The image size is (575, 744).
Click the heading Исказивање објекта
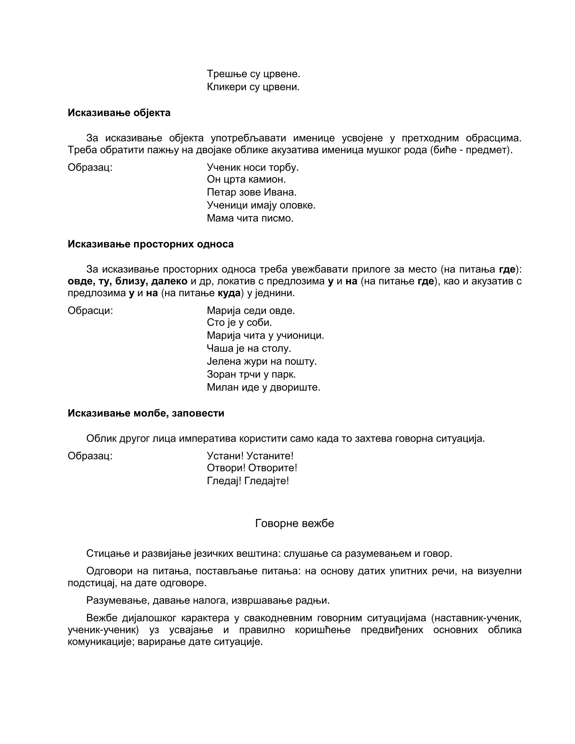119,113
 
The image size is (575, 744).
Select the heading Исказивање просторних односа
150,244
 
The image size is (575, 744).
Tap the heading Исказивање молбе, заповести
146,413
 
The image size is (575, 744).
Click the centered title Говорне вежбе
294,523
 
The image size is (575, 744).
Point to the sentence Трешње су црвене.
254,74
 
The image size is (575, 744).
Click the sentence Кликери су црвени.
253,87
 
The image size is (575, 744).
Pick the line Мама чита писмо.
250,218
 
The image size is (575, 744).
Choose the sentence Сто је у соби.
239,322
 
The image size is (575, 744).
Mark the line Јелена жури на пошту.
262,361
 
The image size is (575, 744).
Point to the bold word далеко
169,281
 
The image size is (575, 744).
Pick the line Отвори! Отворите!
252,468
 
